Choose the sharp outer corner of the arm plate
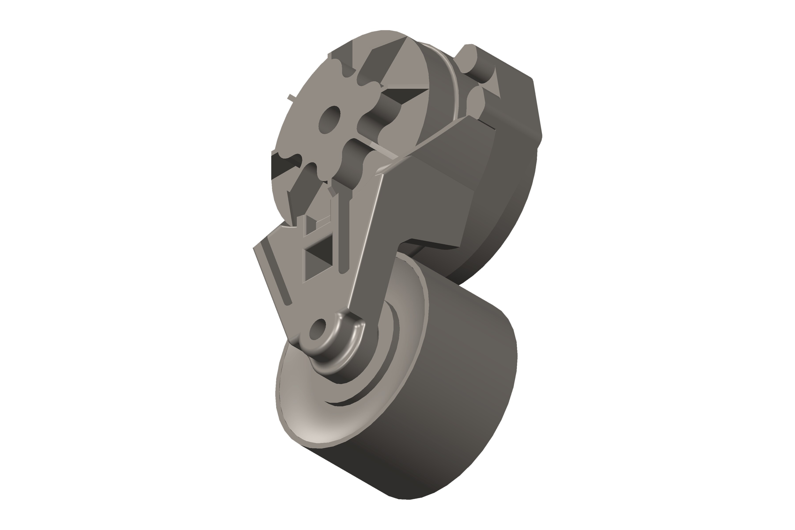coord(254,248)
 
